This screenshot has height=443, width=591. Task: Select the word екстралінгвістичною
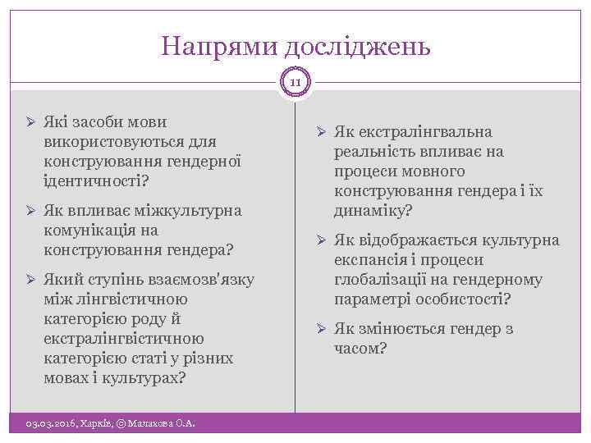pos(124,339)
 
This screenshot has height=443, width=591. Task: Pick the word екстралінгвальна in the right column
pos(421,132)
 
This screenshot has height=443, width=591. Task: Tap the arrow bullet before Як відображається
pos(321,240)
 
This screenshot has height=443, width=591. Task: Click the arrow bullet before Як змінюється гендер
pos(321,329)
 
